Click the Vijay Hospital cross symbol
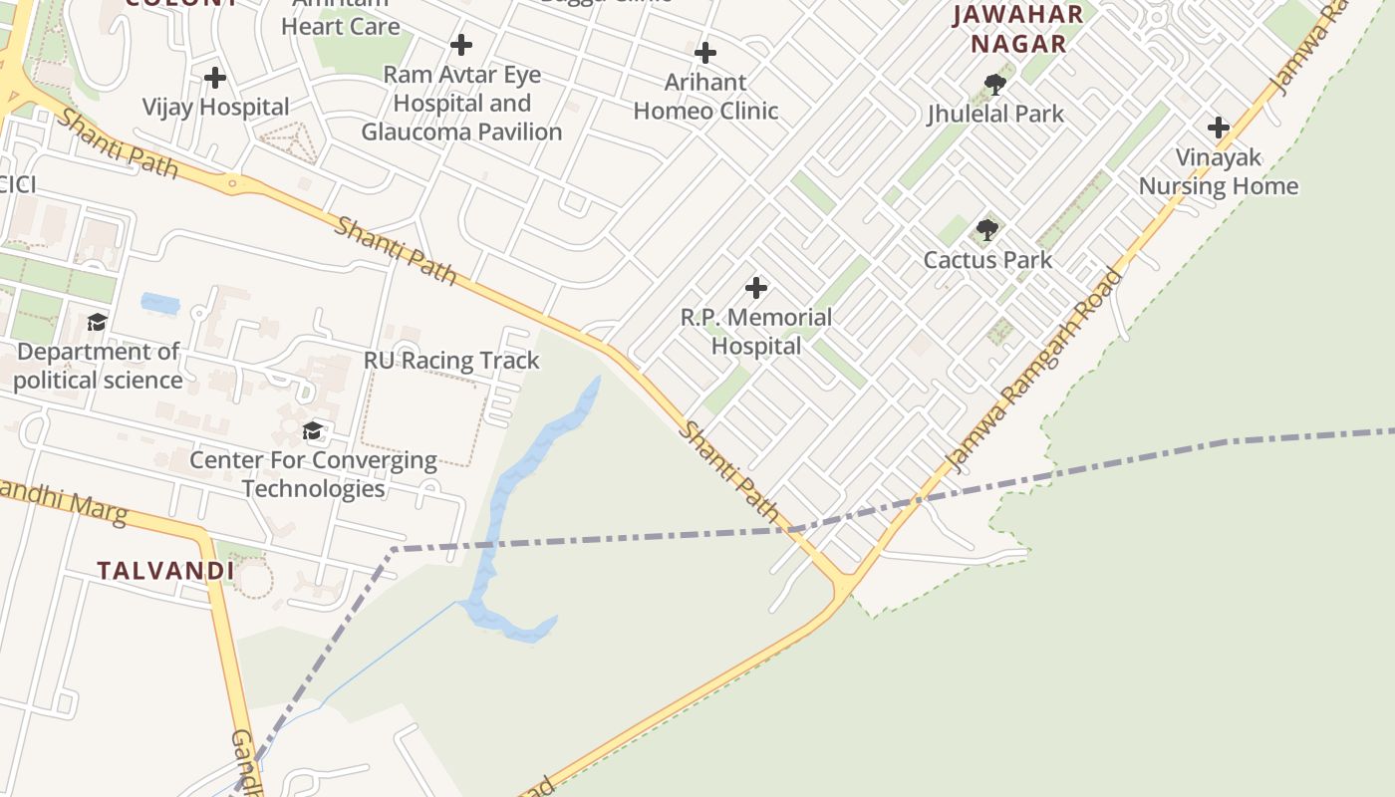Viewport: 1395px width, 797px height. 214,77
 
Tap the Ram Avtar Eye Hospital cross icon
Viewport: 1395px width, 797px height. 460,45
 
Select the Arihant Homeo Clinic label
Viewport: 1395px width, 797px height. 705,97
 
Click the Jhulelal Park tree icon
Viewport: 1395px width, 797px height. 993,84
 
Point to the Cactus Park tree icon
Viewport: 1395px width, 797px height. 986,230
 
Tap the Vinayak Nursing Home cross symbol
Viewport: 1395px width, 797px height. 1218,128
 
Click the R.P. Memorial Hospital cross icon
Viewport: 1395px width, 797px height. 756,288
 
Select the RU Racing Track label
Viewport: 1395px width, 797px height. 451,361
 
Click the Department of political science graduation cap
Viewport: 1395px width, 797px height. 97,322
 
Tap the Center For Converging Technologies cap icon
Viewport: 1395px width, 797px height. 313,430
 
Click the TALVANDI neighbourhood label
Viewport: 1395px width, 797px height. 165,571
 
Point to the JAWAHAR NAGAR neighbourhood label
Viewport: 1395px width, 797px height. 1017,29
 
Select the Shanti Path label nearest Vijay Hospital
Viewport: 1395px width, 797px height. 118,144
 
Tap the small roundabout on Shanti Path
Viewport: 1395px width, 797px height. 232,182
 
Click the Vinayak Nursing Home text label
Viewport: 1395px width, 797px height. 1218,172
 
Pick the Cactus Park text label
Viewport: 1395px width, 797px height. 986,260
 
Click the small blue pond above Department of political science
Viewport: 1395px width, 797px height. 160,303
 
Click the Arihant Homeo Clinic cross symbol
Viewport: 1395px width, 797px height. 705,52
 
